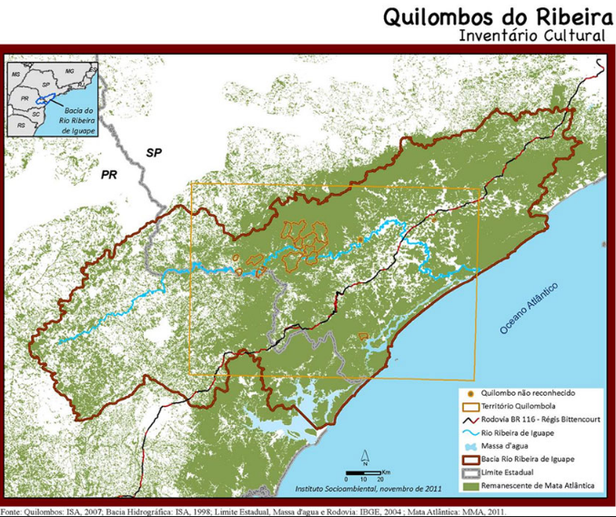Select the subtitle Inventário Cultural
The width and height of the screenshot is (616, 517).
pyautogui.click(x=532, y=36)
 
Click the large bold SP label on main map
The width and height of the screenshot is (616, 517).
pyautogui.click(x=155, y=152)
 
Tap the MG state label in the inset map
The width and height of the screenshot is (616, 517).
pyautogui.click(x=69, y=70)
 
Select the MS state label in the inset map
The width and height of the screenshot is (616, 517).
pyautogui.click(x=16, y=70)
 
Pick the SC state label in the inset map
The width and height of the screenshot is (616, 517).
pyautogui.click(x=35, y=114)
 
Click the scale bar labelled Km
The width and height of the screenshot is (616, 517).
pyautogui.click(x=368, y=474)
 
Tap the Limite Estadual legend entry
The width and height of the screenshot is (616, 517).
pyautogui.click(x=511, y=472)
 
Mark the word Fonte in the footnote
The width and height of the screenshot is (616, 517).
pyautogui.click(x=14, y=511)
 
